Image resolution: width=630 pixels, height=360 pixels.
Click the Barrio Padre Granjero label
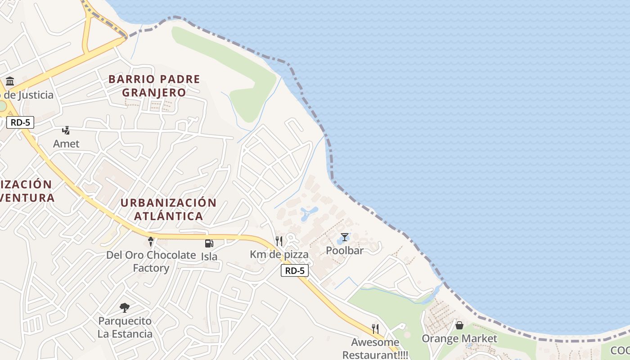(154, 86)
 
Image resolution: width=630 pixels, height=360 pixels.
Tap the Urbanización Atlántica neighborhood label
(169, 209)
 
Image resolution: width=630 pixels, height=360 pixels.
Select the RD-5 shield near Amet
(20, 122)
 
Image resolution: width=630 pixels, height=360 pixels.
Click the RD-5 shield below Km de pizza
(295, 270)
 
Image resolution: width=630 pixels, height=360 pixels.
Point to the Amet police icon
(66, 130)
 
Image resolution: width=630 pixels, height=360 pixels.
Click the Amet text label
(66, 144)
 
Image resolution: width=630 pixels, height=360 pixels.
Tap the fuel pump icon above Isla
(209, 243)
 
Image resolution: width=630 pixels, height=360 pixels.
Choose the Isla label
(209, 256)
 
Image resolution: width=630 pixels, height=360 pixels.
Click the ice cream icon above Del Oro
(151, 242)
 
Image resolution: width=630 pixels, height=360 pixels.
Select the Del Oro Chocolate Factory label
(151, 261)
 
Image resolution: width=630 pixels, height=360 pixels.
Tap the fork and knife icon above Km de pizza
(279, 241)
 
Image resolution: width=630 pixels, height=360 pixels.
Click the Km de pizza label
(279, 255)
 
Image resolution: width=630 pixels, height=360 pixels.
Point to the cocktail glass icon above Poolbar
(344, 237)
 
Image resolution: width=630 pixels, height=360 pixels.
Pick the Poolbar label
(344, 251)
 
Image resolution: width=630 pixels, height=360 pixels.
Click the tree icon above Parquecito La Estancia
(125, 308)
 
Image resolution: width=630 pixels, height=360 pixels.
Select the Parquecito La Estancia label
(125, 328)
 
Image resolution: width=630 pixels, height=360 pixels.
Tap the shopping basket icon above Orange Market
(459, 325)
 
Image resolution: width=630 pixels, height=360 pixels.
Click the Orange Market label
(459, 338)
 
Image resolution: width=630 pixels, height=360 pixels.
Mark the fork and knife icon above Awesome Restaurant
(375, 329)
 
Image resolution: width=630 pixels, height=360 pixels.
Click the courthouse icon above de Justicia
(10, 81)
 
